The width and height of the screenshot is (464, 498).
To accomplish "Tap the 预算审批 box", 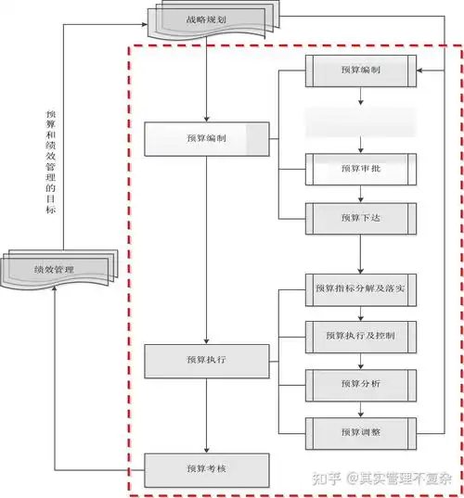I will pyautogui.click(x=361, y=168).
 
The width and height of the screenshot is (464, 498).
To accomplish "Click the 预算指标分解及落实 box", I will pyautogui.click(x=361, y=289).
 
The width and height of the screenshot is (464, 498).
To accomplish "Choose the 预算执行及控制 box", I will pyautogui.click(x=361, y=334).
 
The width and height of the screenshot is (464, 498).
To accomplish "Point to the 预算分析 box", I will pyautogui.click(x=361, y=381).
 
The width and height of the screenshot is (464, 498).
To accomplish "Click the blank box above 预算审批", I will pyautogui.click(x=361, y=121).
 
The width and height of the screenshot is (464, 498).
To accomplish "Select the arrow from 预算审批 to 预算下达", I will pyautogui.click(x=361, y=193).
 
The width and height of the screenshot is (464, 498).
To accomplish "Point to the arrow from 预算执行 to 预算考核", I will pyautogui.click(x=206, y=414).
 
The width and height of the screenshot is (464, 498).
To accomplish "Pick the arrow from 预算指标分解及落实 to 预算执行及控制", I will pyautogui.click(x=361, y=312).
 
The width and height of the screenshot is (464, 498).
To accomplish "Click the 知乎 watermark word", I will pyautogui.click(x=326, y=479).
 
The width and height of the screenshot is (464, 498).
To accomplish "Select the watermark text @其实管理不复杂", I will pyautogui.click(x=399, y=479).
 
